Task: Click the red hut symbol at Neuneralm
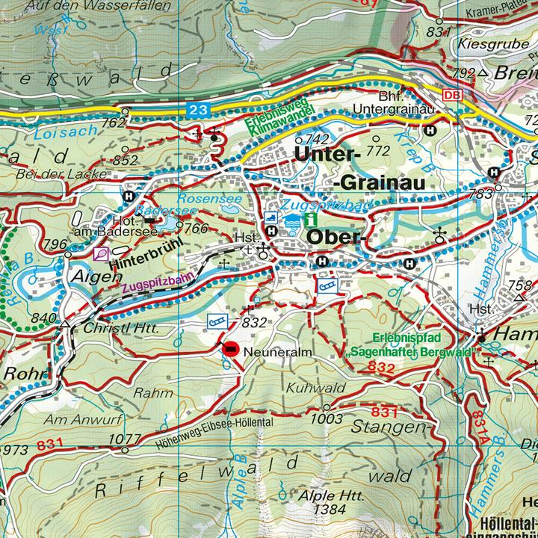point(231,348)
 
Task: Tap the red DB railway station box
point(451,96)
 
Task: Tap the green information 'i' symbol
point(310,220)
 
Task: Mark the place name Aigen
point(95,276)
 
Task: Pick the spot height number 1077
point(124,439)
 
